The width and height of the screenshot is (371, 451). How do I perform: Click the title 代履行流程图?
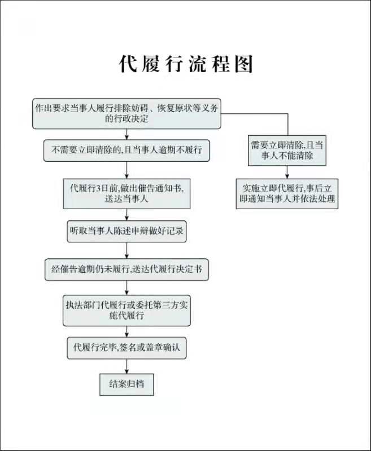click(x=185, y=64)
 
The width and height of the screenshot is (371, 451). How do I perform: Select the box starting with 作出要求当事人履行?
click(x=126, y=113)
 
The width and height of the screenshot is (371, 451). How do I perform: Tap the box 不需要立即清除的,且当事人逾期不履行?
click(x=126, y=151)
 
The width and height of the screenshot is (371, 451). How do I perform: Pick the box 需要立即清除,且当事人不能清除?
click(x=287, y=150)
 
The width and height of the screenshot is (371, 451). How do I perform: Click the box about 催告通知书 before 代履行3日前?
click(x=126, y=193)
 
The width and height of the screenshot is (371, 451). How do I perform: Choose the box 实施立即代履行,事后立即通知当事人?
click(x=287, y=193)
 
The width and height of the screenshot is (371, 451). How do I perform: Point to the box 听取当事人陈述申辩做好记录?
click(x=126, y=231)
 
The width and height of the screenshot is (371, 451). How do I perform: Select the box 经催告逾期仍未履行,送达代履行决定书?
click(x=126, y=269)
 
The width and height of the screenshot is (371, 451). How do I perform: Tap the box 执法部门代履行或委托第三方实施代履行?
click(x=126, y=309)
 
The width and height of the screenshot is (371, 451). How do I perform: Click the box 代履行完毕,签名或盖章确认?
click(x=126, y=347)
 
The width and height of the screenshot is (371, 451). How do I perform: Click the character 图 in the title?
click(x=242, y=64)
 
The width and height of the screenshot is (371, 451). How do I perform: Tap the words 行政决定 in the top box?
click(x=133, y=119)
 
